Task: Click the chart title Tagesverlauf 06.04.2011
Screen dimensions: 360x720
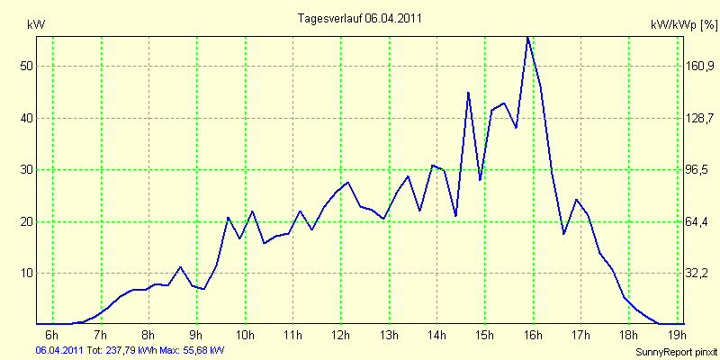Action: pyautogui.click(x=360, y=18)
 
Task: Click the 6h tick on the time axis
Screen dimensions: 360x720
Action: pyautogui.click(x=52, y=337)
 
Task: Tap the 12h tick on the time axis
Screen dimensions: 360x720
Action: pyautogui.click(x=340, y=337)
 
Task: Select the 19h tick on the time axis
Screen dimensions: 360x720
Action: pyautogui.click(x=676, y=337)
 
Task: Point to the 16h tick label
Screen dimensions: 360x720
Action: pyautogui.click(x=532, y=337)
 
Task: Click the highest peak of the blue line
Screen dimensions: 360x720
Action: pyautogui.click(x=527, y=37)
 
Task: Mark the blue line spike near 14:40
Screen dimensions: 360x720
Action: pyautogui.click(x=468, y=92)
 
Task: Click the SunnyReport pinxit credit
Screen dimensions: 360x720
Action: pyautogui.click(x=676, y=351)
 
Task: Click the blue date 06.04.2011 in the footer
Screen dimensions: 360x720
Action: pyautogui.click(x=58, y=349)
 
